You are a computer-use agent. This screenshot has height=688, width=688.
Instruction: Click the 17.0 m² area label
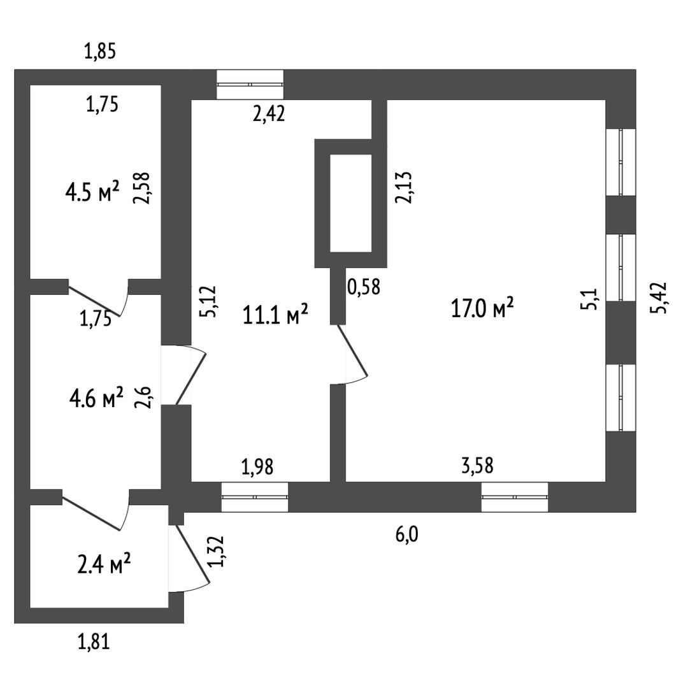482,310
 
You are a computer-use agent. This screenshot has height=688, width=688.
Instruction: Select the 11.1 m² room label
276,314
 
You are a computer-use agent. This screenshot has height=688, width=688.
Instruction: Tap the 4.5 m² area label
92,190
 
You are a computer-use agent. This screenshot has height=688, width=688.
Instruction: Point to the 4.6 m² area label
96,399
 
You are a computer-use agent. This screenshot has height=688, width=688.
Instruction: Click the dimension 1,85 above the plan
100,51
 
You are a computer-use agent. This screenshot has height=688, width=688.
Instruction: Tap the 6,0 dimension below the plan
407,534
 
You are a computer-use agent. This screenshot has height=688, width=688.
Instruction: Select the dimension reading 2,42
268,114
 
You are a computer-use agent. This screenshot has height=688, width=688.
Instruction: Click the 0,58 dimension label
364,287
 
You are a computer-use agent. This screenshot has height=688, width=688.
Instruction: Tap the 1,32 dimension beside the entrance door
218,552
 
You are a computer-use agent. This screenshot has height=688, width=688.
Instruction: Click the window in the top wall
250,85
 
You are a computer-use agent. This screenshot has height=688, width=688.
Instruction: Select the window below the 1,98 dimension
255,497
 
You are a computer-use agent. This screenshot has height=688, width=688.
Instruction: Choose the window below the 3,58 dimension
515,497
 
